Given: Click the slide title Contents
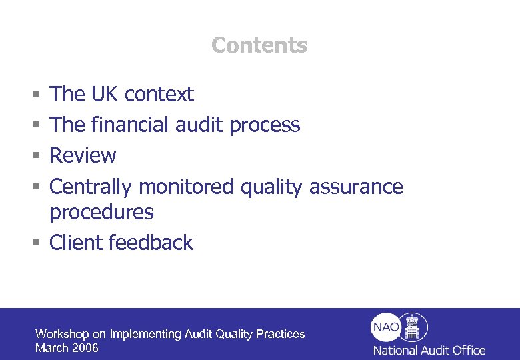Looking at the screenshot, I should [259, 45].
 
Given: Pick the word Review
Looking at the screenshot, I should [83, 155].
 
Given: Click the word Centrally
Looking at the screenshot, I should [91, 187].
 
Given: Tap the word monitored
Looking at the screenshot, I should [186, 187].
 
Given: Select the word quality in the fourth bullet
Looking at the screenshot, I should [271, 187].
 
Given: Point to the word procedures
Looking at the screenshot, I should [101, 213].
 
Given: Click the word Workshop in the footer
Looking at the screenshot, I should [61, 334].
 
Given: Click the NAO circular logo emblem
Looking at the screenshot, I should [399, 327].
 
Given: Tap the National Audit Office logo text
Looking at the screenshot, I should [429, 350].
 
